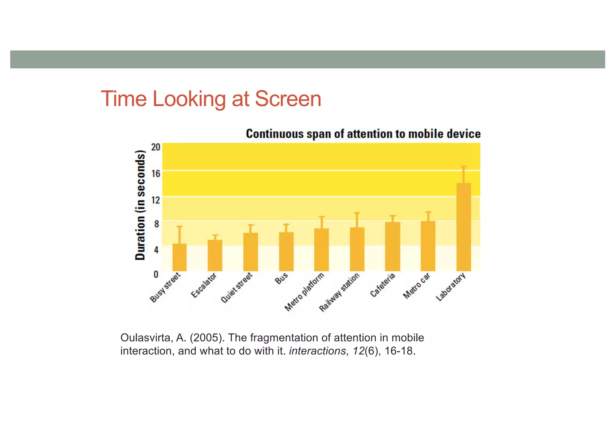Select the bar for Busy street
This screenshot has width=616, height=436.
[179, 257]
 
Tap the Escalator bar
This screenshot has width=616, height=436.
[215, 255]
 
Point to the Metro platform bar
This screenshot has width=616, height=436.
[321, 250]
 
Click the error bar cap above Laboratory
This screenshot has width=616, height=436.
[464, 167]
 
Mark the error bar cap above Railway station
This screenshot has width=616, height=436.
[357, 213]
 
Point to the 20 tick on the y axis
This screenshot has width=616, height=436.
[156, 147]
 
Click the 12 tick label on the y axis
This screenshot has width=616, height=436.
[156, 199]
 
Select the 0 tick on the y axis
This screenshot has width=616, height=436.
[156, 274]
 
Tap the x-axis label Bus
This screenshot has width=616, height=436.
[281, 279]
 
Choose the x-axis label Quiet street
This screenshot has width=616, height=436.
[236, 288]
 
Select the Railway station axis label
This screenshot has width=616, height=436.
[339, 292]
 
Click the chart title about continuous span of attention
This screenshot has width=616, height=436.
[363, 134]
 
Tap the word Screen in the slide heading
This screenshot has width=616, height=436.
[288, 99]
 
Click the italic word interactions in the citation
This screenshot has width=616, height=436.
[317, 351]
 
